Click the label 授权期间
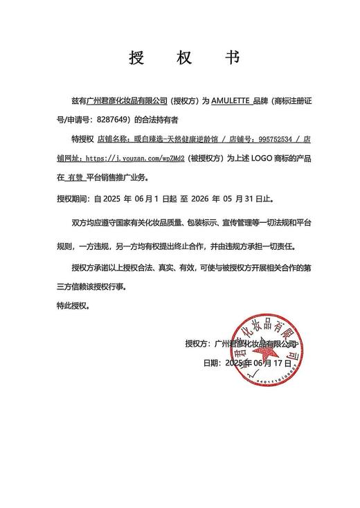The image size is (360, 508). (x=72, y=197)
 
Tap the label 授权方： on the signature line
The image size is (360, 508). (x=200, y=343)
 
